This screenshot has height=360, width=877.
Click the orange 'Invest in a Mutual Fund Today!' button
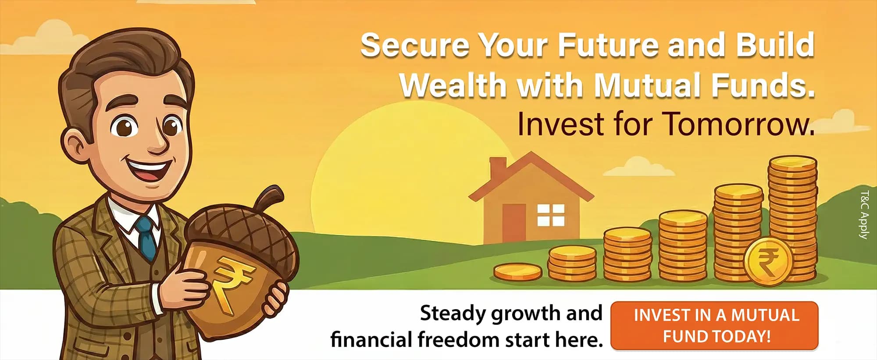coord(714,325)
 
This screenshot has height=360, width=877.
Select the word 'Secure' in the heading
coord(414,45)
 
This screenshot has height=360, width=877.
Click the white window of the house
coord(551,215)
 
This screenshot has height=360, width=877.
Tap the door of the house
coord(514,223)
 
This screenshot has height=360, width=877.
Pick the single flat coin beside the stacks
coord(518,272)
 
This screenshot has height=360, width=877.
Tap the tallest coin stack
coord(793,215)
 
